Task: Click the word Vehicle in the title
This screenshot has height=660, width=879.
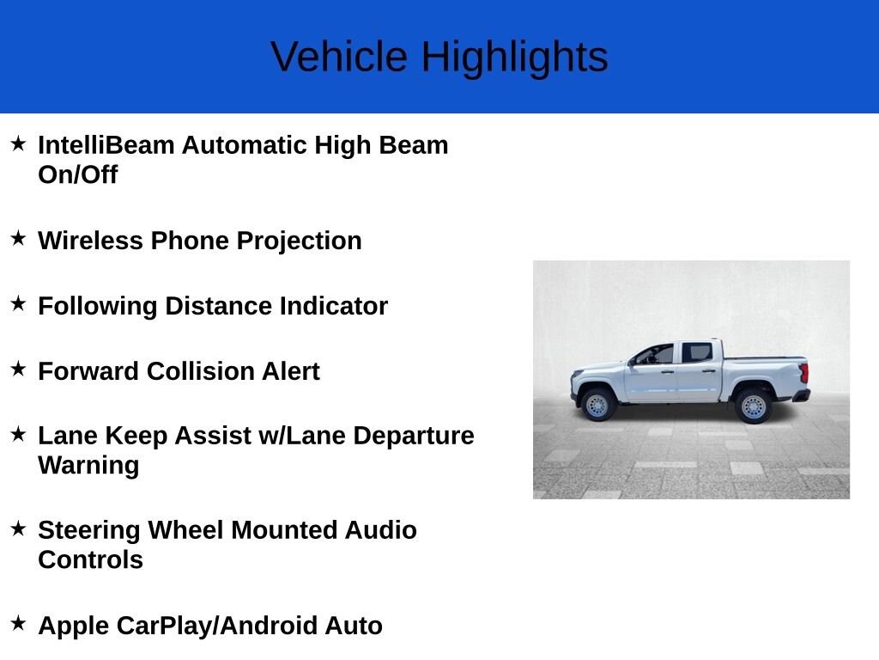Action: click(x=338, y=57)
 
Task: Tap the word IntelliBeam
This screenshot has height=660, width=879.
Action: click(x=106, y=144)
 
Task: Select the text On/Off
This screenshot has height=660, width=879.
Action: click(x=78, y=174)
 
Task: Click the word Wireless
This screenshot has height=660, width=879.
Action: click(x=90, y=241)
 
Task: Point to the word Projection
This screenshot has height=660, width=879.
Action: click(x=299, y=241)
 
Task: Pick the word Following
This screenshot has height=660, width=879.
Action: click(x=98, y=307)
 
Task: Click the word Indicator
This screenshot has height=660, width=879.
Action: click(x=334, y=306)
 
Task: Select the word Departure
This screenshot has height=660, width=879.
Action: click(x=414, y=437)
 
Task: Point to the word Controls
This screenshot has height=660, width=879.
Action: click(x=90, y=559)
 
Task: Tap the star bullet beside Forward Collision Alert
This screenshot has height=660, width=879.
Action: click(x=19, y=369)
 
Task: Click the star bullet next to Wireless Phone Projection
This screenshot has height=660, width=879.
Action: click(x=19, y=238)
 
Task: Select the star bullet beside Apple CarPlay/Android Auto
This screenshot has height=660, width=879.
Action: click(x=19, y=623)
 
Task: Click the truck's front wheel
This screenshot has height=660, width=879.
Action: click(x=597, y=405)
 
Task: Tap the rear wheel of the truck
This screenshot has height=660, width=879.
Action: click(x=754, y=406)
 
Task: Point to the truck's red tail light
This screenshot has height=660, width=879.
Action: click(x=803, y=373)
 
